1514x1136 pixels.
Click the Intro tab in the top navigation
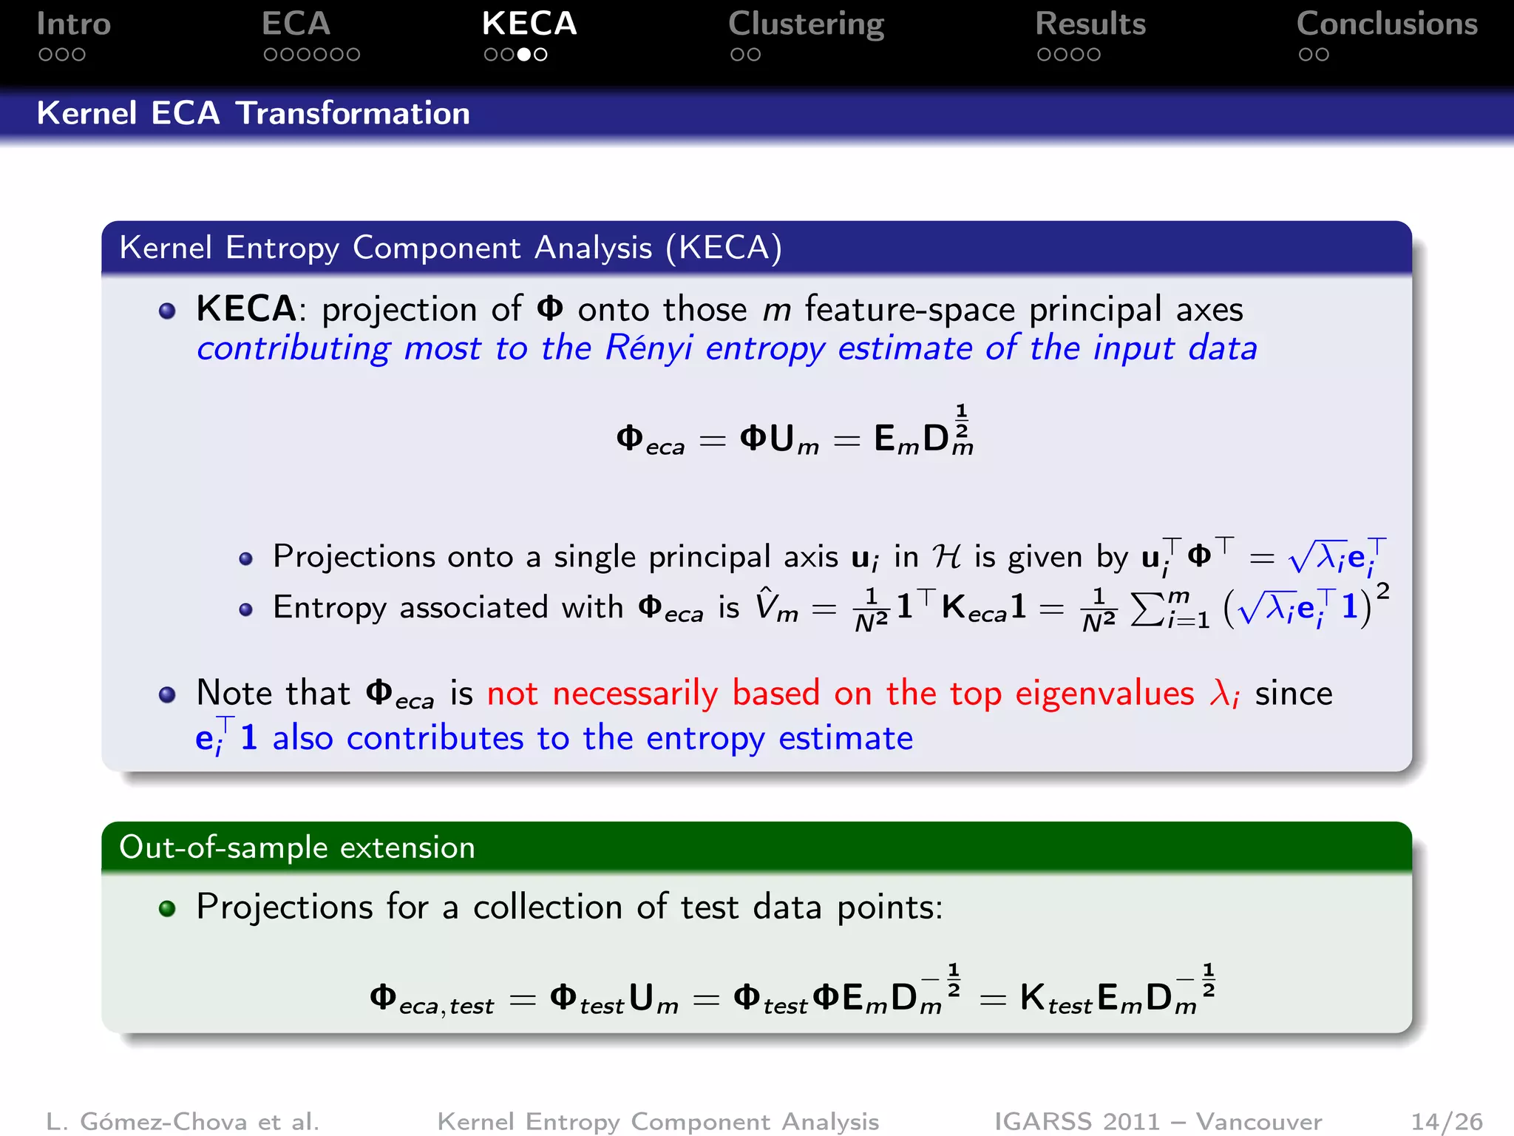(x=73, y=24)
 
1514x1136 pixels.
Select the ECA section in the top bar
(x=296, y=24)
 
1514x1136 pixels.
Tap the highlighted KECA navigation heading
(x=529, y=24)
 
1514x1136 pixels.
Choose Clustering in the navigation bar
(x=806, y=24)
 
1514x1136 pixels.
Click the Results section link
(x=1090, y=24)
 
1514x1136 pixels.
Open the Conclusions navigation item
(x=1387, y=24)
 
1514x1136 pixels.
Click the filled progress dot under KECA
(x=524, y=55)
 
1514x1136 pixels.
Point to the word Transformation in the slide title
(x=353, y=114)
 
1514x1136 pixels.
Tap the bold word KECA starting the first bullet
(x=246, y=309)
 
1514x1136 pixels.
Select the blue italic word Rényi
(x=648, y=348)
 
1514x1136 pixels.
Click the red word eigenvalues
(x=1104, y=694)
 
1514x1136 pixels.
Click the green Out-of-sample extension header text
(x=297, y=848)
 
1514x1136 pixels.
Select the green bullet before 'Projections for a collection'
(x=168, y=908)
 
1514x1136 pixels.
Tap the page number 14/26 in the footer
(x=1447, y=1122)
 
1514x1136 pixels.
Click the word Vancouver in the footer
(x=1258, y=1122)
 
